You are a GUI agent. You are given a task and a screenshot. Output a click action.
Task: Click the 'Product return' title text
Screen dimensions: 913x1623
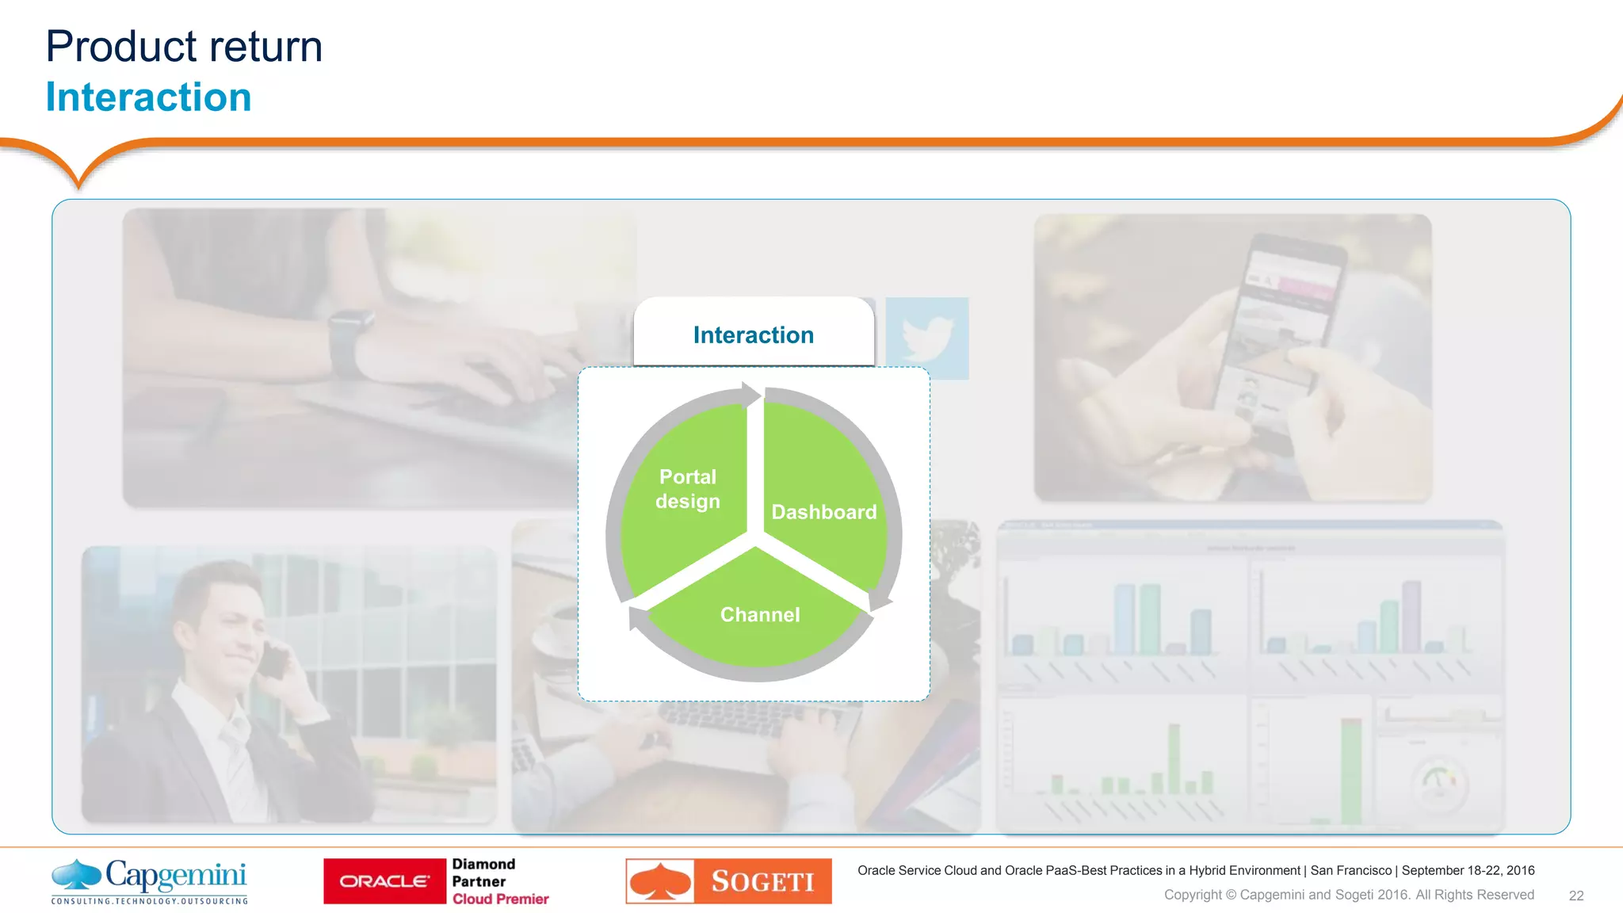[184, 46]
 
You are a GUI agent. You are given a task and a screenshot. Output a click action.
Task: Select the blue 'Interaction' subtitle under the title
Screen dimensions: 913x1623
[148, 97]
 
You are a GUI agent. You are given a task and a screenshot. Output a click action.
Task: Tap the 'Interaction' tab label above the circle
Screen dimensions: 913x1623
[753, 335]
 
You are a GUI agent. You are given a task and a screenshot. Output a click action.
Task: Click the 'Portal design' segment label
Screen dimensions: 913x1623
[687, 489]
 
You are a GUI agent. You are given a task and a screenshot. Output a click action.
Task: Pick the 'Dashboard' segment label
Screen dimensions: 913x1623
[823, 512]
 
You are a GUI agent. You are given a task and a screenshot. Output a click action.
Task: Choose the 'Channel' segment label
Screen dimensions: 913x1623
[759, 614]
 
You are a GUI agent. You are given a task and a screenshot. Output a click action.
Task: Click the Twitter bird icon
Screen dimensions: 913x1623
[926, 338]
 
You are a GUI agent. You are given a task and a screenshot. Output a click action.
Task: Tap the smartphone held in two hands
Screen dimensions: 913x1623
[1276, 333]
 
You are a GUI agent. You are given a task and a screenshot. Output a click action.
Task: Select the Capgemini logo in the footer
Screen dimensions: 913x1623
[150, 881]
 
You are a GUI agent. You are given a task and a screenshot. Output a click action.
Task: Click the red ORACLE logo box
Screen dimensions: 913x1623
[384, 881]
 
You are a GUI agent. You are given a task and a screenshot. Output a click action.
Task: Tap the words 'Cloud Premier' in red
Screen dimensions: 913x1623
[500, 899]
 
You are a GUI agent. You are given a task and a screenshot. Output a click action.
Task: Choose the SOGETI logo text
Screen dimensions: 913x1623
[762, 881]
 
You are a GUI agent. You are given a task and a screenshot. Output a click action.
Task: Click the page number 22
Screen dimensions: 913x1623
[1575, 896]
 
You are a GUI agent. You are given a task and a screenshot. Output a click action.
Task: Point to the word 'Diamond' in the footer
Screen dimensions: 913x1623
[483, 864]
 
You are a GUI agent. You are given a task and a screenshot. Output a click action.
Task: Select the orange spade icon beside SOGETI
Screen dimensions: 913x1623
[659, 881]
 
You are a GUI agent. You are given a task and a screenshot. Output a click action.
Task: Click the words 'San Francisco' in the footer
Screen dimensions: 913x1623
[1350, 870]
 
